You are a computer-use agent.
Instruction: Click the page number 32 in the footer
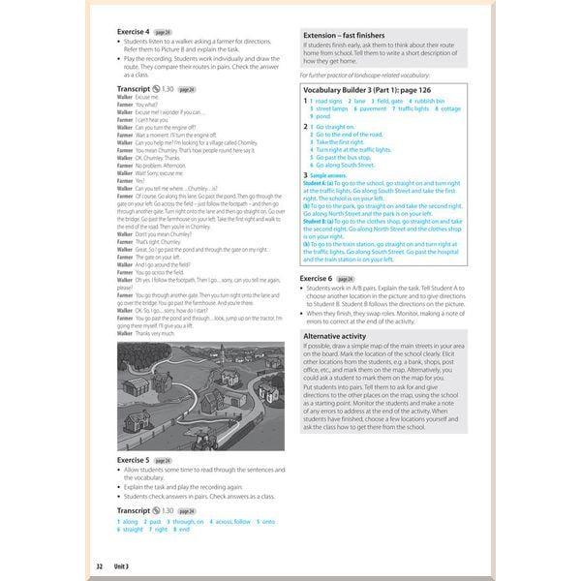(99, 565)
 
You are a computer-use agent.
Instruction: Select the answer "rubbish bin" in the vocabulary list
(425, 101)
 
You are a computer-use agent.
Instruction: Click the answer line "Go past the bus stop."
(347, 156)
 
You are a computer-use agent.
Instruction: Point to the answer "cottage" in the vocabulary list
(450, 108)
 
